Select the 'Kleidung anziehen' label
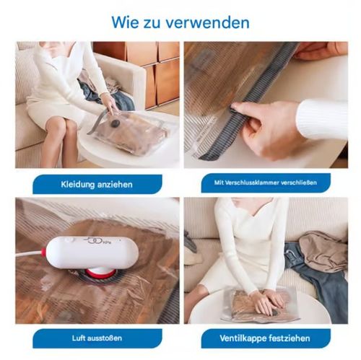click(x=97, y=184)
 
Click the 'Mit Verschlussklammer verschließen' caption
click(x=265, y=184)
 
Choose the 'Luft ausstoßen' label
click(x=97, y=338)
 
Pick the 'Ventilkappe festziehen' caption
click(x=265, y=338)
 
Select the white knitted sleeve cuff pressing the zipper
click(x=321, y=118)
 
